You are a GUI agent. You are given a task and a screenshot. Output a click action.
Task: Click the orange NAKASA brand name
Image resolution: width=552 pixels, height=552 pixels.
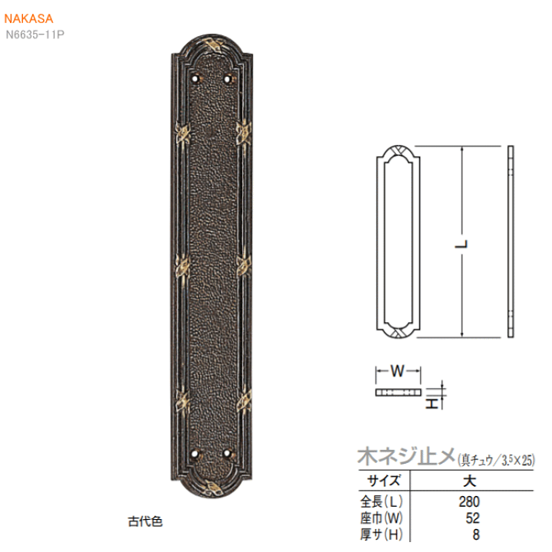click(x=28, y=18)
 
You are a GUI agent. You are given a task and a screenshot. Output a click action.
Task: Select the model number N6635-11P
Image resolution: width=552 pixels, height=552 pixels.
click(x=34, y=34)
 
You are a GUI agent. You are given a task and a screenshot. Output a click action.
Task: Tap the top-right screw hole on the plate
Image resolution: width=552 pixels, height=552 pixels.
click(x=228, y=79)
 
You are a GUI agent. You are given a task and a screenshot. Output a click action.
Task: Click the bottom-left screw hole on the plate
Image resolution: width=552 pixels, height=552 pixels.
click(x=196, y=454)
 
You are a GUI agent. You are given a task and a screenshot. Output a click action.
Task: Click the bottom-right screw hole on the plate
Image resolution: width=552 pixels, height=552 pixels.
click(x=228, y=454)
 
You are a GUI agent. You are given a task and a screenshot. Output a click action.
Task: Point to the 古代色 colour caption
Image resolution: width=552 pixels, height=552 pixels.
click(x=145, y=521)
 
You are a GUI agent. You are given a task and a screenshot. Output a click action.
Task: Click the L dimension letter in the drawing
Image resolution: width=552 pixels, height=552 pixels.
click(x=462, y=244)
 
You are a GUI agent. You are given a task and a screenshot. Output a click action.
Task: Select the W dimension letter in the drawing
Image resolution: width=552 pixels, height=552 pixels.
click(x=398, y=371)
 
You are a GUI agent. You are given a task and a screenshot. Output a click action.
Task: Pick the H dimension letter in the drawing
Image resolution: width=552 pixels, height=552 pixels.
click(x=432, y=403)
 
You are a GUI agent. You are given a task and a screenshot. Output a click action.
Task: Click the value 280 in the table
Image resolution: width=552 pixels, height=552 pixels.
click(x=469, y=501)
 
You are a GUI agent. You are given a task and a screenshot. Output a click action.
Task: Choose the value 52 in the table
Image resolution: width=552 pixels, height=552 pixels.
click(x=473, y=517)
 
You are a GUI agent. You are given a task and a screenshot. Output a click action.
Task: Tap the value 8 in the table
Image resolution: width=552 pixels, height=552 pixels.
click(x=476, y=534)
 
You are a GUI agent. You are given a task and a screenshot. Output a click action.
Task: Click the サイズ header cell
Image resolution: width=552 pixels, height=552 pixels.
click(x=384, y=481)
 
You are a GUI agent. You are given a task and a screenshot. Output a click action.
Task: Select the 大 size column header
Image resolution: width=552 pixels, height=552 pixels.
click(x=470, y=481)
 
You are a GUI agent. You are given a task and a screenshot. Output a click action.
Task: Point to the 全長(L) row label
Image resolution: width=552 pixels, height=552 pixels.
click(x=381, y=501)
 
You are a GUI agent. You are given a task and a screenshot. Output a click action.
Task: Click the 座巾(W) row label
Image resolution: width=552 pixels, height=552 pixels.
click(x=381, y=517)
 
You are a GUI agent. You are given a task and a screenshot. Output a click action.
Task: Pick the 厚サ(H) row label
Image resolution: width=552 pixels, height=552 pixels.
click(x=381, y=534)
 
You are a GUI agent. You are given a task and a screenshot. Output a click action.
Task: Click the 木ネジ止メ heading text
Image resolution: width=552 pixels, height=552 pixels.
click(x=406, y=457)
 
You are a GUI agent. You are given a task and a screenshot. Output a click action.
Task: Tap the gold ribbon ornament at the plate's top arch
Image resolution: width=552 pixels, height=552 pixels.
click(x=212, y=44)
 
